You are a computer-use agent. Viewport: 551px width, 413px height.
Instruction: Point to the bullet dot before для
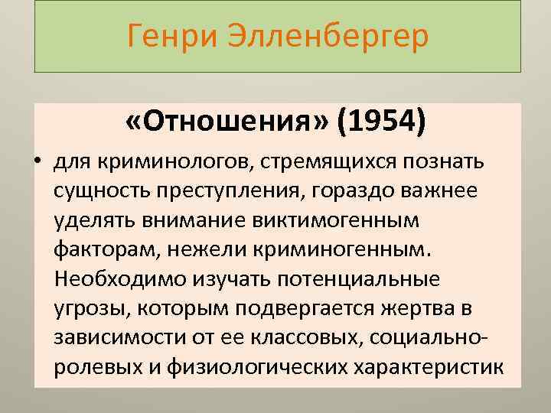(x=37, y=164)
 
